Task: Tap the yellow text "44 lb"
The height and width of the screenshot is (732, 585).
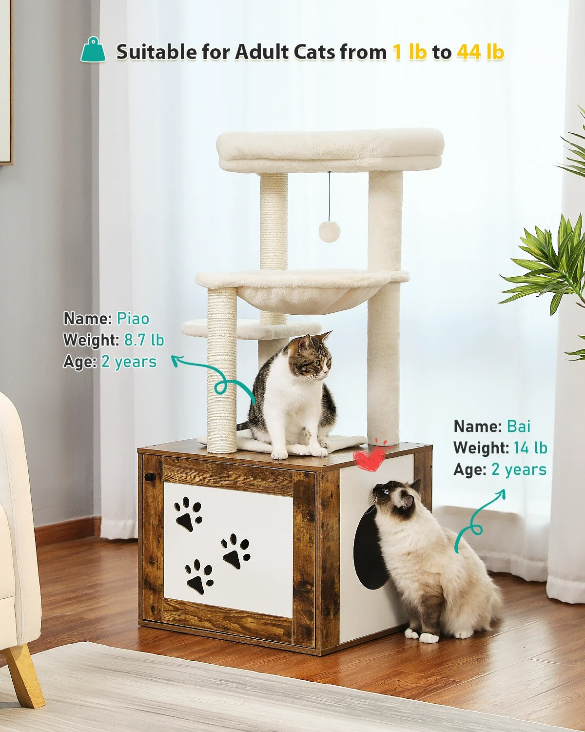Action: click(x=480, y=52)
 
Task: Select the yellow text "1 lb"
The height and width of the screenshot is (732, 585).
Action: click(x=409, y=52)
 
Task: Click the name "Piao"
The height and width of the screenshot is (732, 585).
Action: click(x=133, y=319)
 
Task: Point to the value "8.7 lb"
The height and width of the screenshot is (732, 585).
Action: click(x=144, y=340)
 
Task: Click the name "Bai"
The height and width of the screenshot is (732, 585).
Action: click(x=518, y=426)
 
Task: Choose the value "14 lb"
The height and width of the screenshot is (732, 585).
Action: click(x=530, y=447)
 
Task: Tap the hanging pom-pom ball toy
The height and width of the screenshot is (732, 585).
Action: click(x=329, y=231)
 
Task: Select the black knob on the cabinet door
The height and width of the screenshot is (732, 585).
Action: click(x=151, y=477)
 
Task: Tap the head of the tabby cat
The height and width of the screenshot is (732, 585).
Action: click(x=312, y=355)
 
